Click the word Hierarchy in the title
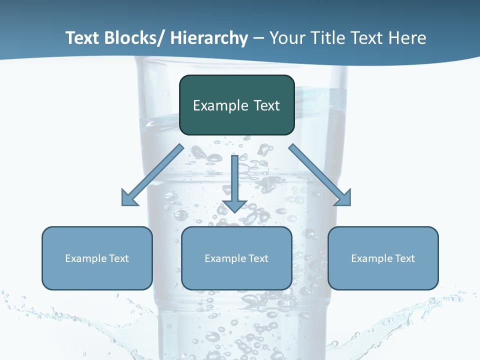[x=209, y=38]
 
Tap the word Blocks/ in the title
[x=134, y=38]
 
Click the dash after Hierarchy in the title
[x=258, y=39]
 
